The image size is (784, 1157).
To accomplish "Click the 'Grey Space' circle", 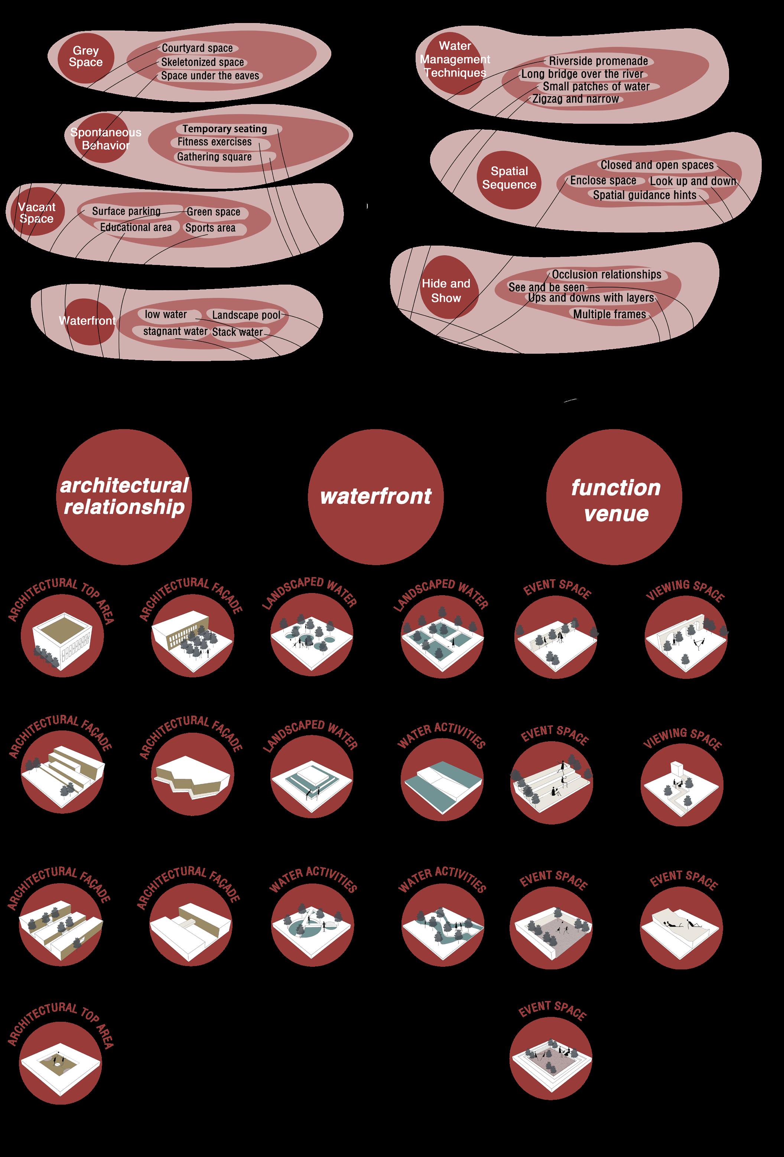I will point(86,57).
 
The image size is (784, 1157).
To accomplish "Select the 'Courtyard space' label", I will point(197,48).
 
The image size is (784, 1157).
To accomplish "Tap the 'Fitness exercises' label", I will point(215,142).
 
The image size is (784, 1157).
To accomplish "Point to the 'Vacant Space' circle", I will point(37,213).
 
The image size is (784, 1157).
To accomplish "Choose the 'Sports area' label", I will point(210,228).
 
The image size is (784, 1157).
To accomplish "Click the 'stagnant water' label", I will point(175,331).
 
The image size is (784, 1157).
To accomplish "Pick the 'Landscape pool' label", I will point(246,315).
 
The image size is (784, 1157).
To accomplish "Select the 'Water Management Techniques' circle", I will point(455,60).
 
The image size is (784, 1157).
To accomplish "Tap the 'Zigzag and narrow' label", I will point(575,99).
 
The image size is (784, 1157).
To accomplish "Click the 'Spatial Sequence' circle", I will point(509,178).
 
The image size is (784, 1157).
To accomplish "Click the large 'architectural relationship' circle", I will point(124,497).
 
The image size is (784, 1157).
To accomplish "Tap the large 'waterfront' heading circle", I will point(375,497).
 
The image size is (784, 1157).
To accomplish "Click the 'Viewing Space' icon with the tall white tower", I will point(681,785).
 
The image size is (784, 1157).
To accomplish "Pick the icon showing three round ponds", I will point(312,636).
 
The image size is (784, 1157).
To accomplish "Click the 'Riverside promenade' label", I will point(598,61).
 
